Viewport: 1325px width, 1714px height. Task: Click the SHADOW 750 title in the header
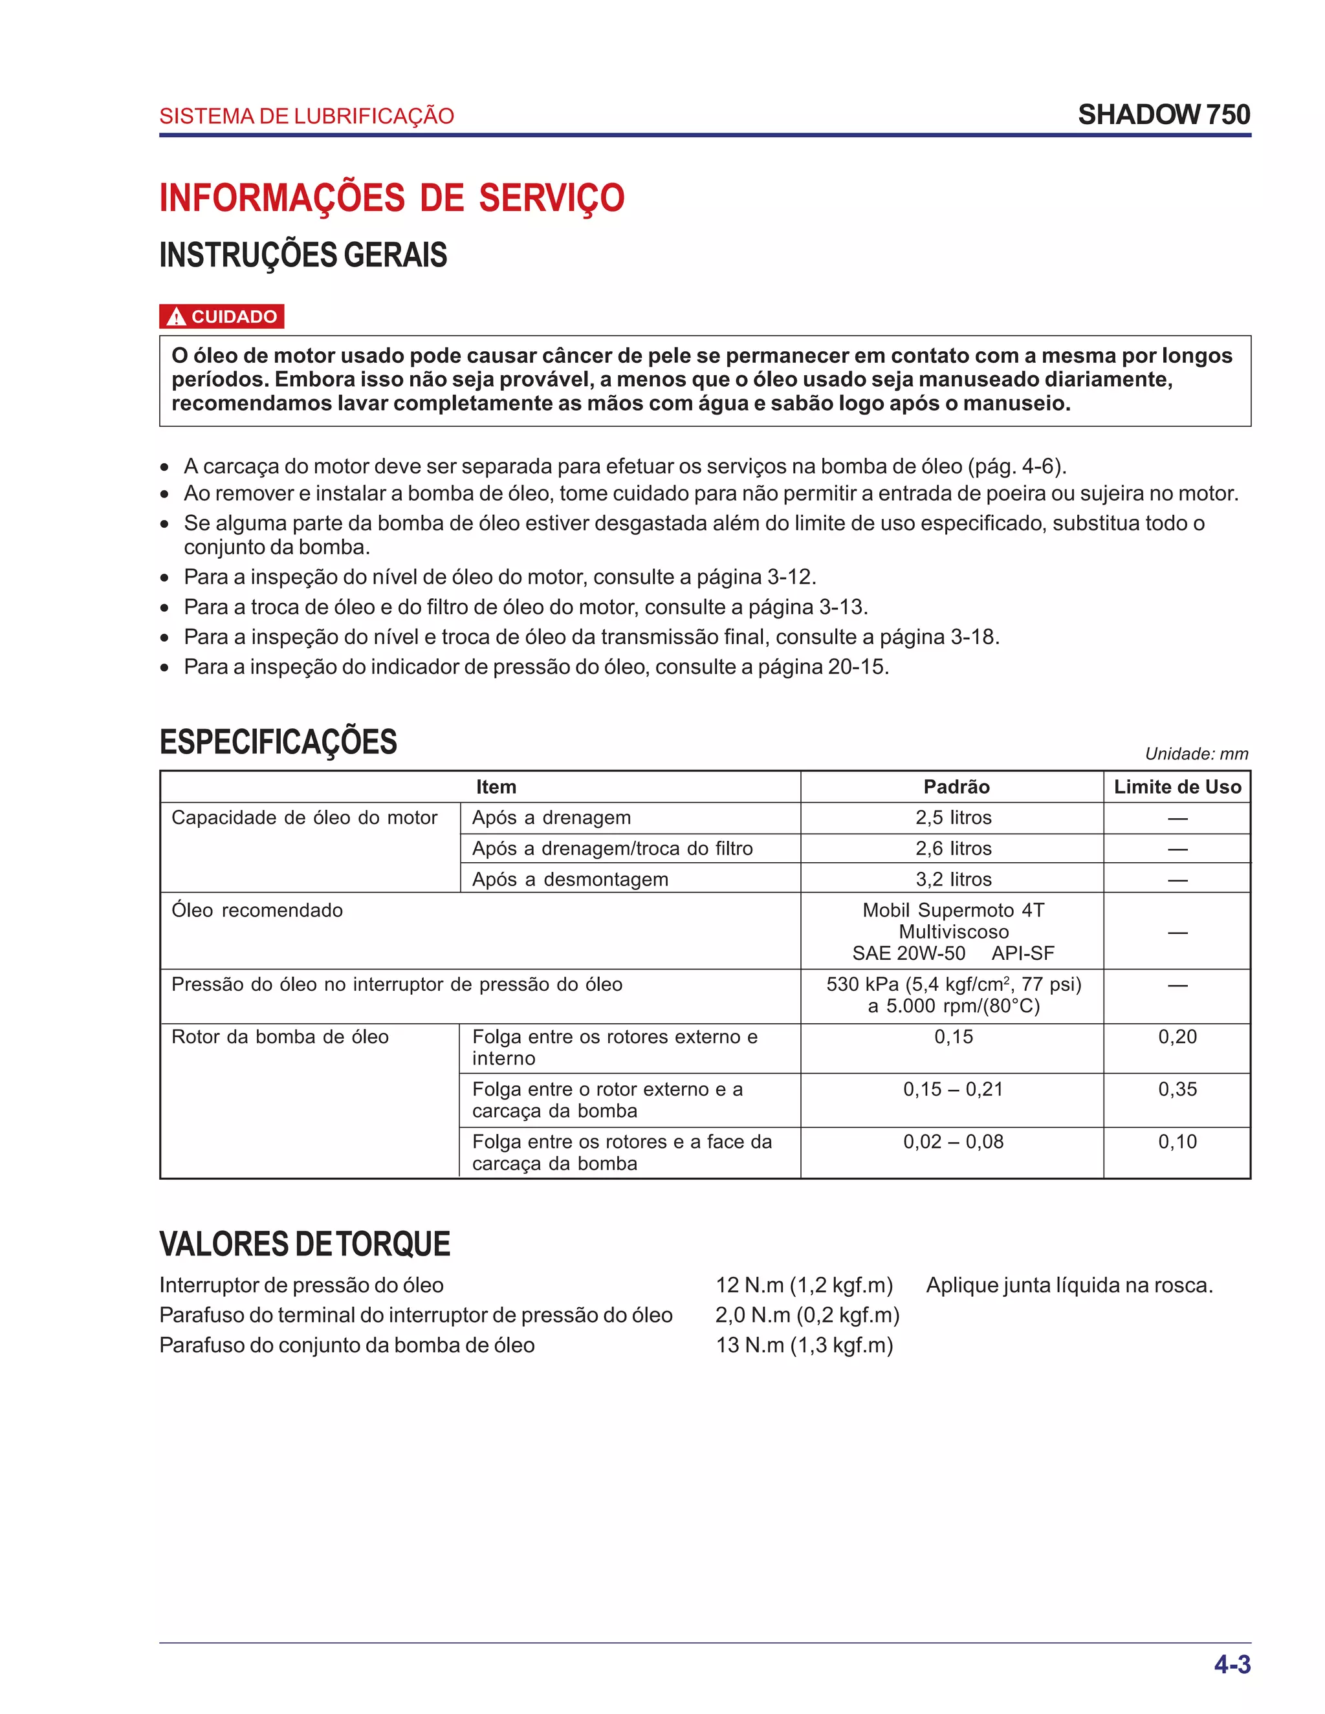coord(1163,115)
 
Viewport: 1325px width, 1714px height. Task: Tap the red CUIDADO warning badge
coord(221,316)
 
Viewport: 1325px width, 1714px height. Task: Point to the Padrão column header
coord(956,786)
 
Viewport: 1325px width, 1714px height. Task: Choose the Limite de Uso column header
coord(1177,786)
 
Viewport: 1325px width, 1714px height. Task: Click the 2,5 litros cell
coord(953,818)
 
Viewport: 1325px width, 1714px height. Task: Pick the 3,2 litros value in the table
coord(953,879)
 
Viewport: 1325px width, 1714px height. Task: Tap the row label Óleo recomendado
coord(257,911)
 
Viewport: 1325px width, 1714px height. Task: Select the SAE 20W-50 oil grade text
coord(908,953)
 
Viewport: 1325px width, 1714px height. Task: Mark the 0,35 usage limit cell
coord(1177,1089)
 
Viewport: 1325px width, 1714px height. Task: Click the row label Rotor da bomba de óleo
coord(279,1037)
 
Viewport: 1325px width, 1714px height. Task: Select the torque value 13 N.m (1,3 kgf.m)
coord(804,1345)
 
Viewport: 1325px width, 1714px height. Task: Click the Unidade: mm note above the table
coord(1196,754)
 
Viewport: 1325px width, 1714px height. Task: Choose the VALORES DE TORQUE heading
coord(305,1244)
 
